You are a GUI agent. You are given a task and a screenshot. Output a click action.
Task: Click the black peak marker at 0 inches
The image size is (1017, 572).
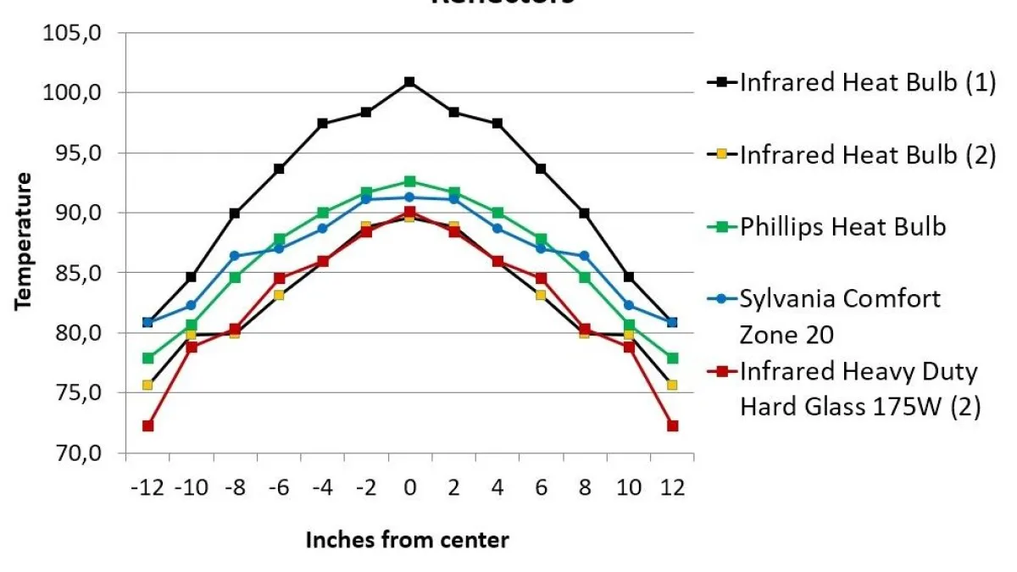[409, 82]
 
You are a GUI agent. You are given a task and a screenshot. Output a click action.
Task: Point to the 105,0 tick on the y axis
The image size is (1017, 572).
[79, 33]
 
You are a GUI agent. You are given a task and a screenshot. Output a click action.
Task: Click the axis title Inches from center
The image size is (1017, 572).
[408, 540]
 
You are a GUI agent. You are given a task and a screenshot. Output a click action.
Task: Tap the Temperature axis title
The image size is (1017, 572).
[24, 242]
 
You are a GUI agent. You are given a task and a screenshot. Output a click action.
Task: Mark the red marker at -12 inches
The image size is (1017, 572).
[147, 425]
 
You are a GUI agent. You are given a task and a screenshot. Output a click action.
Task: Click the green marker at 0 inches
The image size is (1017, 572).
[409, 181]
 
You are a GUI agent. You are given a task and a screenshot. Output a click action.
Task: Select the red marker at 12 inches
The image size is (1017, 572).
[672, 425]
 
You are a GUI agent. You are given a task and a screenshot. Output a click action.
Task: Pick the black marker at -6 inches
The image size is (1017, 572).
[279, 169]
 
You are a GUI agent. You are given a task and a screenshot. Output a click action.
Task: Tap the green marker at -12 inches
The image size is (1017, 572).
[147, 358]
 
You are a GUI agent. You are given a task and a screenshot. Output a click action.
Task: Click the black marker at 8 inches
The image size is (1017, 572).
[585, 213]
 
